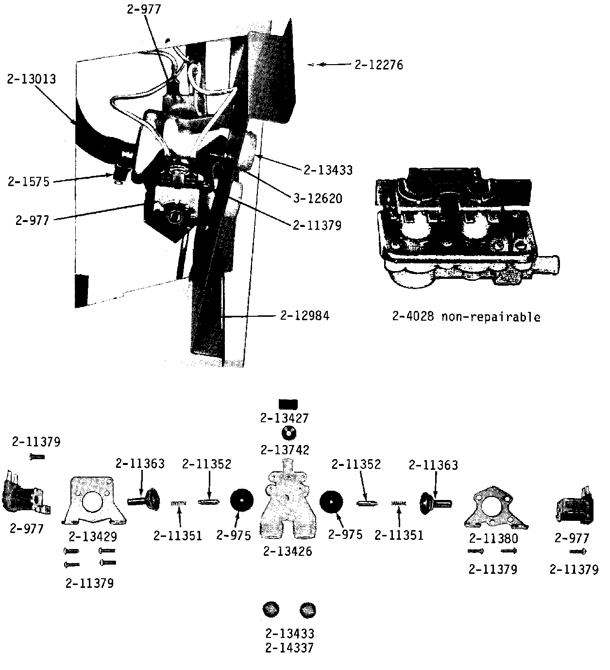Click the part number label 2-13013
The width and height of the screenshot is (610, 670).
(x=31, y=79)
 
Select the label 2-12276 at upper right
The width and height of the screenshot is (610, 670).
(x=378, y=65)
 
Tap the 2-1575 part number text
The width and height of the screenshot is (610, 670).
(x=29, y=182)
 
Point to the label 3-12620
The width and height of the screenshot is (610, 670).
(x=318, y=198)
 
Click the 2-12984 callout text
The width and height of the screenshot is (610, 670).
(x=305, y=315)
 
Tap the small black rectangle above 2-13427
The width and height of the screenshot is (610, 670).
(x=288, y=404)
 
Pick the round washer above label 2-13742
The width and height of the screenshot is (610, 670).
(x=288, y=432)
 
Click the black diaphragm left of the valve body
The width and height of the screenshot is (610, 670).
(x=241, y=502)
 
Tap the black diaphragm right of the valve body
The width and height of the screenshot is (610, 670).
(x=332, y=502)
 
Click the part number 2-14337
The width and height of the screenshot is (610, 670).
(x=289, y=648)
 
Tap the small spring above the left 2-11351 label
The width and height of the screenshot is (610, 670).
(x=178, y=503)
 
